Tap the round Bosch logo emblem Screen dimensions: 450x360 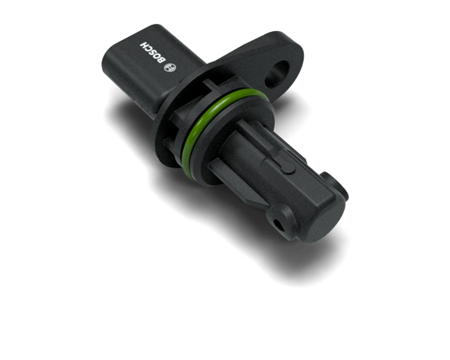[x=170, y=67]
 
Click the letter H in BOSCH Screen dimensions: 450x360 [x=144, y=45]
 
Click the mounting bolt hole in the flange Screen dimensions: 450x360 [x=277, y=74]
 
